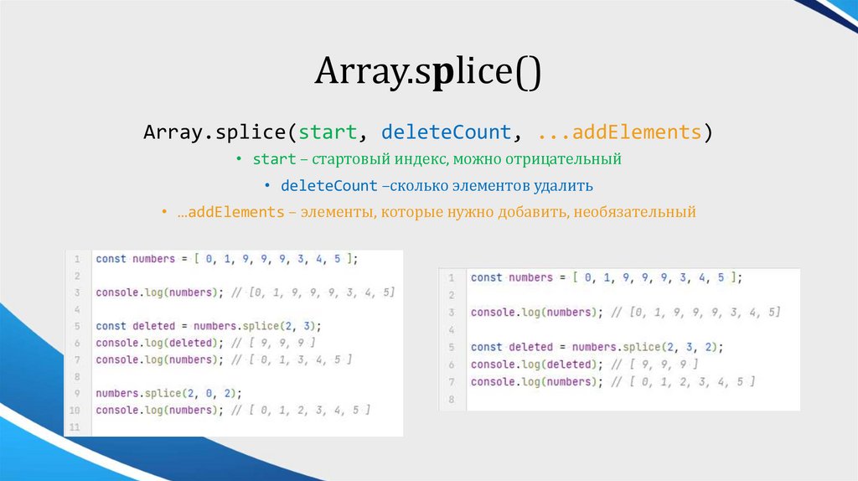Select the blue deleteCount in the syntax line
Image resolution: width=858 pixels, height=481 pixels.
tap(446, 132)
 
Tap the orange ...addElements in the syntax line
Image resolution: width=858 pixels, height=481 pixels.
tap(619, 132)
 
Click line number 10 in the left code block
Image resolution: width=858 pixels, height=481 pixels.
tap(75, 411)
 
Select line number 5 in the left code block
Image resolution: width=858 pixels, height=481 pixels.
tap(76, 326)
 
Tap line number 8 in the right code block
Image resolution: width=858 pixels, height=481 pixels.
tap(450, 400)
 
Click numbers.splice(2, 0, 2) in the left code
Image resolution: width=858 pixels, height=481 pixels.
tap(168, 393)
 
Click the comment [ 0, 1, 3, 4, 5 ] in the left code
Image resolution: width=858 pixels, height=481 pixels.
tap(292, 359)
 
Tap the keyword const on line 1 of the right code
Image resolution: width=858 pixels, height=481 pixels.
tap(486, 277)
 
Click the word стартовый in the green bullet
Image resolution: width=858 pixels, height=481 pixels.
tap(351, 158)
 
